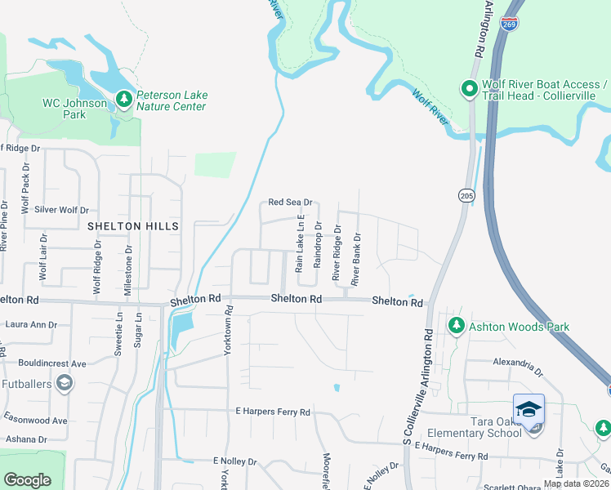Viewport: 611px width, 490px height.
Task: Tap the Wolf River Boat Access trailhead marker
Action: coord(470,87)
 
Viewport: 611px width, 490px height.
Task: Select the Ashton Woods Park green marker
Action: coord(456,327)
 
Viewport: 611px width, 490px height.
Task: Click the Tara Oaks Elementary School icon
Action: coord(528,408)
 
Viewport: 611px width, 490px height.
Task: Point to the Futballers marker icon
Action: coord(65,383)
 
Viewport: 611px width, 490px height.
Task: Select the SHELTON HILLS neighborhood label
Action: coord(132,225)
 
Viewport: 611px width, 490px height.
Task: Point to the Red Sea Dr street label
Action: coord(291,203)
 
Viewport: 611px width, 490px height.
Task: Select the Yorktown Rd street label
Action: coord(229,329)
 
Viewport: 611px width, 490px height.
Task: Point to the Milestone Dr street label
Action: coord(128,266)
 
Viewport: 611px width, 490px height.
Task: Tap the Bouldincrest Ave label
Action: coord(46,363)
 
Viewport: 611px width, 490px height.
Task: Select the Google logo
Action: coord(27,480)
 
